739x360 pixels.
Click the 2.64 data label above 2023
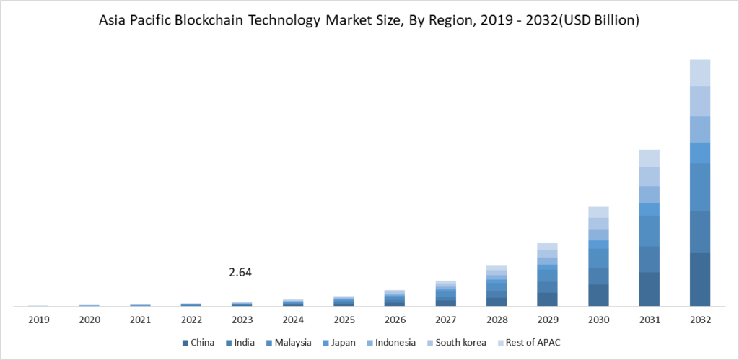[x=240, y=273]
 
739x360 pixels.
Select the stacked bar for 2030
[x=598, y=257]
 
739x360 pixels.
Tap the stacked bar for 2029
[x=548, y=275]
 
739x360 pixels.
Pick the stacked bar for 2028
[x=497, y=286]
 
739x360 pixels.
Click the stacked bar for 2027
[x=446, y=294]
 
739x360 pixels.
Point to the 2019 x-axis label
[x=38, y=320]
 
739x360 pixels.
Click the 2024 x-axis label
[x=293, y=320]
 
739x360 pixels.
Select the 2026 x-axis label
[x=395, y=320]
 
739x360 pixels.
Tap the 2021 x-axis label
[x=140, y=320]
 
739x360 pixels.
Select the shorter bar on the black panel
[x=650, y=228]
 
